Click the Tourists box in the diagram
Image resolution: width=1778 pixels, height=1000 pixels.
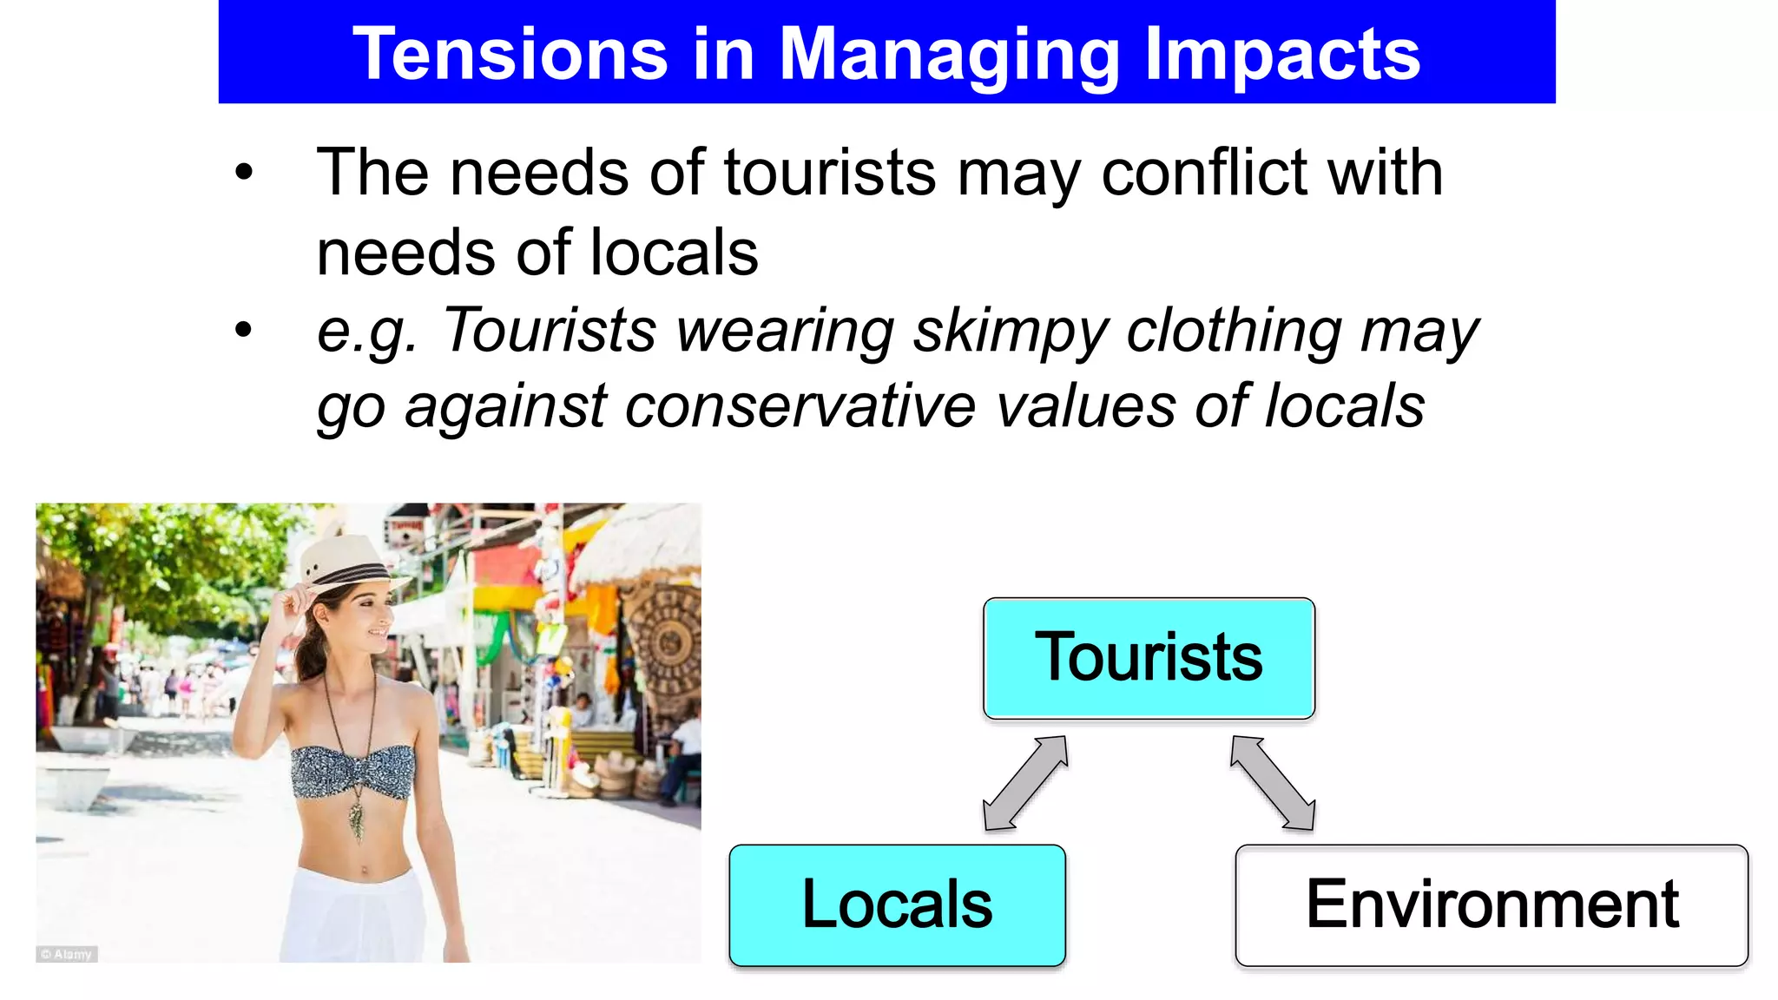(x=1149, y=658)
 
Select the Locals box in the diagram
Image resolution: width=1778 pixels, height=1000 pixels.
(x=897, y=905)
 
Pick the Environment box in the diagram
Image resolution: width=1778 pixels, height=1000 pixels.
(x=1492, y=905)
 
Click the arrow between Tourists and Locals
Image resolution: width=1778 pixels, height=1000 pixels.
(x=1025, y=783)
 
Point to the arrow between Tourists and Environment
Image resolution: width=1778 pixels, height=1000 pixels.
(x=1273, y=783)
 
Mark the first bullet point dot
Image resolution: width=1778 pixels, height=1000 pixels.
(x=244, y=172)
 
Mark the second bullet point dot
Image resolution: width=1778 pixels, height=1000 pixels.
(x=244, y=330)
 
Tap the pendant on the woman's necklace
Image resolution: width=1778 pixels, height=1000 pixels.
(x=357, y=821)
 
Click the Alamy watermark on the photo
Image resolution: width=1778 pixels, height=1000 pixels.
(x=67, y=954)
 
